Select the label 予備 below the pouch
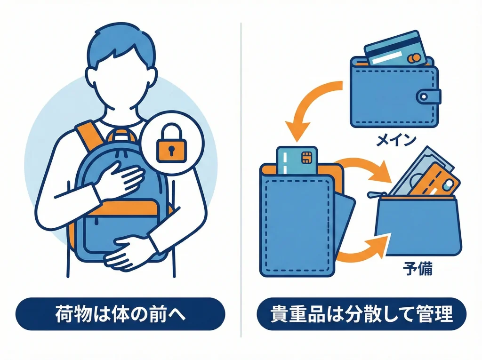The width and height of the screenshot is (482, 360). point(418,270)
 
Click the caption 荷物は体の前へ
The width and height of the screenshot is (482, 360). point(120,314)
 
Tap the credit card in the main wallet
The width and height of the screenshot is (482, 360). point(394,48)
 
